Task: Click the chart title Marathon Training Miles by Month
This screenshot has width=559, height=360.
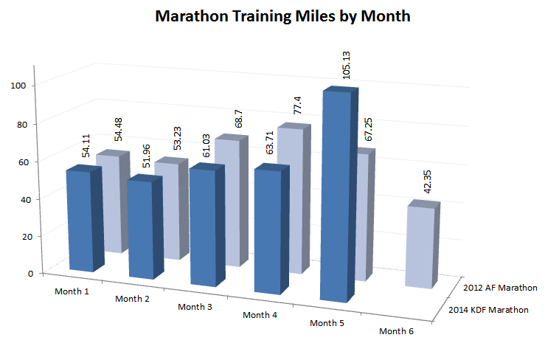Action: tap(283, 16)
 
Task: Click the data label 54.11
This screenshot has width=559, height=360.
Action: tap(87, 145)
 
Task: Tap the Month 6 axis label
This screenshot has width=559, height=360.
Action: tap(396, 331)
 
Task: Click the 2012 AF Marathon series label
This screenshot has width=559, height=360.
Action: tap(499, 287)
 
